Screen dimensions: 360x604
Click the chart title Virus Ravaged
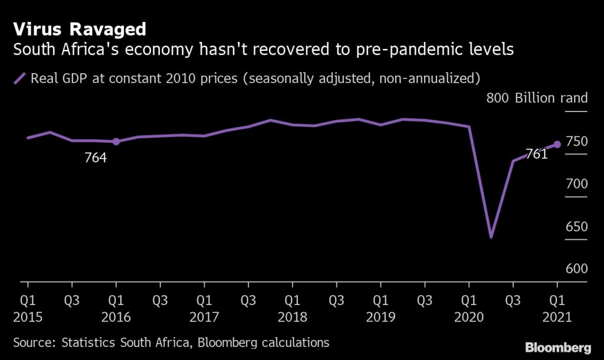pos(80,29)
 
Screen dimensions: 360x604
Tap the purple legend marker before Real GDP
pos(20,78)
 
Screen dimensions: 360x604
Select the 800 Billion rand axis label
pos(537,98)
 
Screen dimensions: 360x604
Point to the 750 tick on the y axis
pos(576,142)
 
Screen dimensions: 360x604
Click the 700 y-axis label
pos(576,184)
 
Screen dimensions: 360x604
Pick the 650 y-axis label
pos(576,227)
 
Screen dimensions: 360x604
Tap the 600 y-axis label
pos(576,269)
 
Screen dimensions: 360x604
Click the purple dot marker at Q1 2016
pos(116,142)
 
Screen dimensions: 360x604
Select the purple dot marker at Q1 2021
pos(557,144)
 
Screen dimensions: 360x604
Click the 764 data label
pos(96,158)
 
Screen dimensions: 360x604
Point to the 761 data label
pos(536,155)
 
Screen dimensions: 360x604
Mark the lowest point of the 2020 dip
pos(491,237)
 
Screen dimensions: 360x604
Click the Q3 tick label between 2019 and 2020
pos(425,300)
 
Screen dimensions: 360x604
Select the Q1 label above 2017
pos(204,300)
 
